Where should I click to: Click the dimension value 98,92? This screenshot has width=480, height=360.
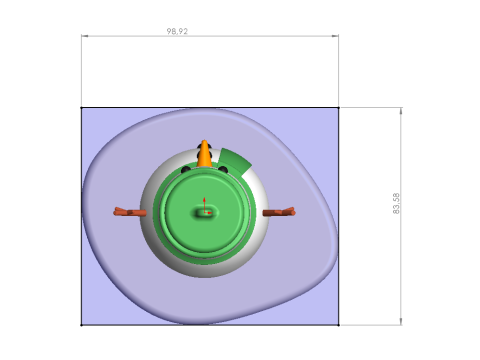[x=177, y=31]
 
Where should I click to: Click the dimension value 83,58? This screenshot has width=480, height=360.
[x=396, y=203]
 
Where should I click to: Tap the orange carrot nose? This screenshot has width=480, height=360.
[x=204, y=154]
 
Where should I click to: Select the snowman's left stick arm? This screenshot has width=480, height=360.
[x=130, y=212]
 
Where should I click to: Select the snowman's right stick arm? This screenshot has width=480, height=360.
[x=279, y=212]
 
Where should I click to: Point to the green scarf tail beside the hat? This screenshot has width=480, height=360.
[x=235, y=161]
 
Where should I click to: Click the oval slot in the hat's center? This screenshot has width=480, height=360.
[x=205, y=212]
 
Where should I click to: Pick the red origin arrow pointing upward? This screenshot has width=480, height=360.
[x=204, y=204]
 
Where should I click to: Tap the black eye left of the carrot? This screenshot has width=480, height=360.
[x=186, y=170]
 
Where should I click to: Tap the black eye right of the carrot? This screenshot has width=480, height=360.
[x=223, y=170]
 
